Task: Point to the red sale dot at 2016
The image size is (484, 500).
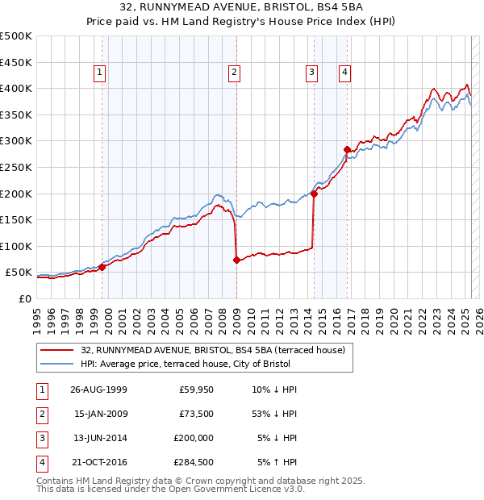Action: click(x=348, y=149)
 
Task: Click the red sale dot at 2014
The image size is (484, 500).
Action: click(x=314, y=194)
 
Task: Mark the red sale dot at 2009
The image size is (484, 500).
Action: click(x=236, y=260)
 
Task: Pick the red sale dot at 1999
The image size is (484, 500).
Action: click(x=102, y=267)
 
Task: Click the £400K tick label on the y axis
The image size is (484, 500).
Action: click(x=16, y=88)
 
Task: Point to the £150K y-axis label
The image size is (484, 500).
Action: click(x=16, y=219)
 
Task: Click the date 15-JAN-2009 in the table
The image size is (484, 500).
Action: click(x=99, y=415)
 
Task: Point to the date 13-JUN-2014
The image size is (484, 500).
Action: click(x=99, y=438)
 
